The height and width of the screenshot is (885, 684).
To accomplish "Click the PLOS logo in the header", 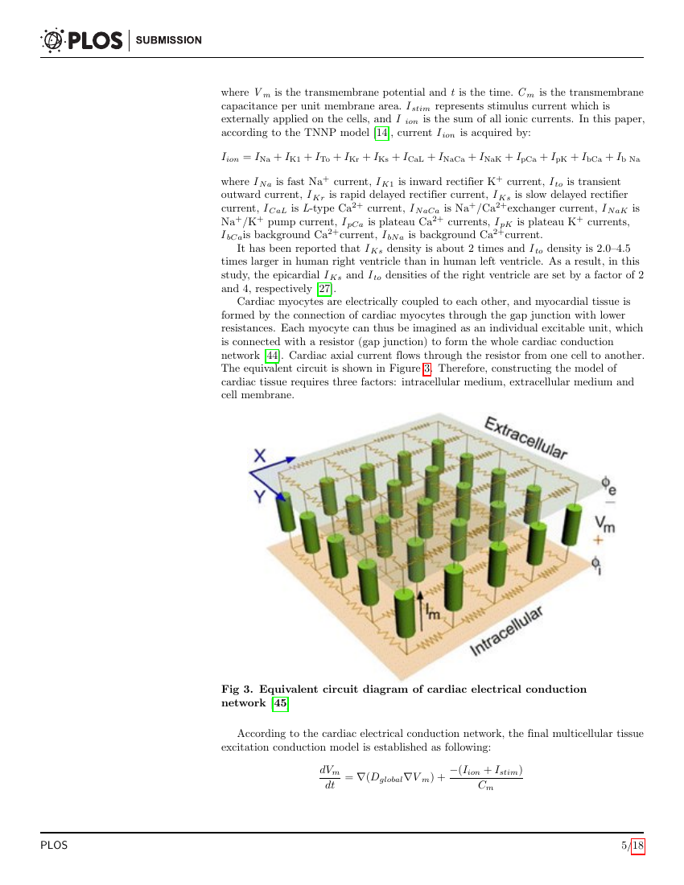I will [80, 39].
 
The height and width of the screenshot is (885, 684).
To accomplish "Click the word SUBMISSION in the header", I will [169, 40].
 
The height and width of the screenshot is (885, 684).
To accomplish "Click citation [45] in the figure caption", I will [280, 703].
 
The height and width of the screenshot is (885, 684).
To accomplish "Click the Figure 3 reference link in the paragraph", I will [427, 368].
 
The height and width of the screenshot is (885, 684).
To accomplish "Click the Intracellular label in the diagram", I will [506, 632].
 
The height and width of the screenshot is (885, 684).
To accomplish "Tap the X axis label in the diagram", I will [260, 456].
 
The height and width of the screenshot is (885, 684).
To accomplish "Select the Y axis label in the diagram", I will [260, 496].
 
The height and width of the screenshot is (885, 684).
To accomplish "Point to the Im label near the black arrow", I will [434, 614].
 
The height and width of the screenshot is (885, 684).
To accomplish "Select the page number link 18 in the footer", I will [638, 846].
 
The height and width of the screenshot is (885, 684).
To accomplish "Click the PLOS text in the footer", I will [54, 846].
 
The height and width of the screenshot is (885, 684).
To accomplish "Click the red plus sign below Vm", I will [597, 540].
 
